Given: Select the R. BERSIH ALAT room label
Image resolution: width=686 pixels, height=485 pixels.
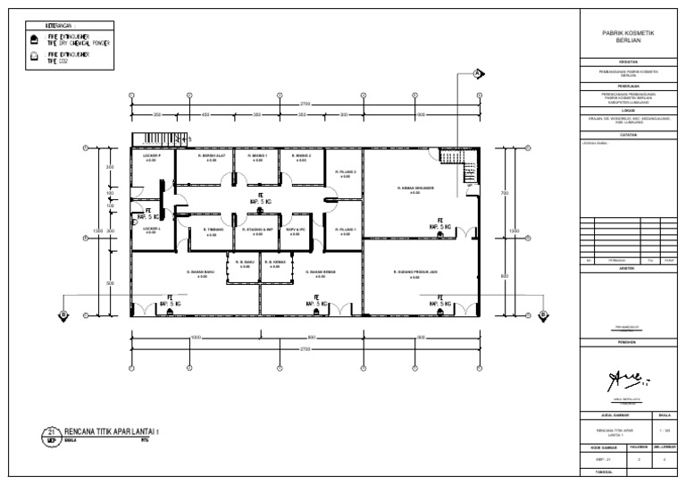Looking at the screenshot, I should [x=212, y=155].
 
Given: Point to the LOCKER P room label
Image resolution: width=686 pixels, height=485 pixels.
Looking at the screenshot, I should [x=151, y=155].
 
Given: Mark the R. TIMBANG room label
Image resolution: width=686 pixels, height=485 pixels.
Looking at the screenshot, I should [x=213, y=230].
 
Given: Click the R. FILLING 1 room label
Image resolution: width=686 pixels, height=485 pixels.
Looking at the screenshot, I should [x=346, y=230].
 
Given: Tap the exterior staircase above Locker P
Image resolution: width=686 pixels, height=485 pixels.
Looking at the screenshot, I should [x=152, y=138].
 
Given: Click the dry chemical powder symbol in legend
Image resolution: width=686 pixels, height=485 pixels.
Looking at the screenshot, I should [x=34, y=40].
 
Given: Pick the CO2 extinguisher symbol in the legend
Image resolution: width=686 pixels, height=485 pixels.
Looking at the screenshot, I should [x=34, y=57].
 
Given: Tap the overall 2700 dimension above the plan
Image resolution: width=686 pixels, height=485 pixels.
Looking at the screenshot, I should [x=305, y=104].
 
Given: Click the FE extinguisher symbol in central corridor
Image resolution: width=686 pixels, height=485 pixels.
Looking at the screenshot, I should [x=261, y=198].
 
